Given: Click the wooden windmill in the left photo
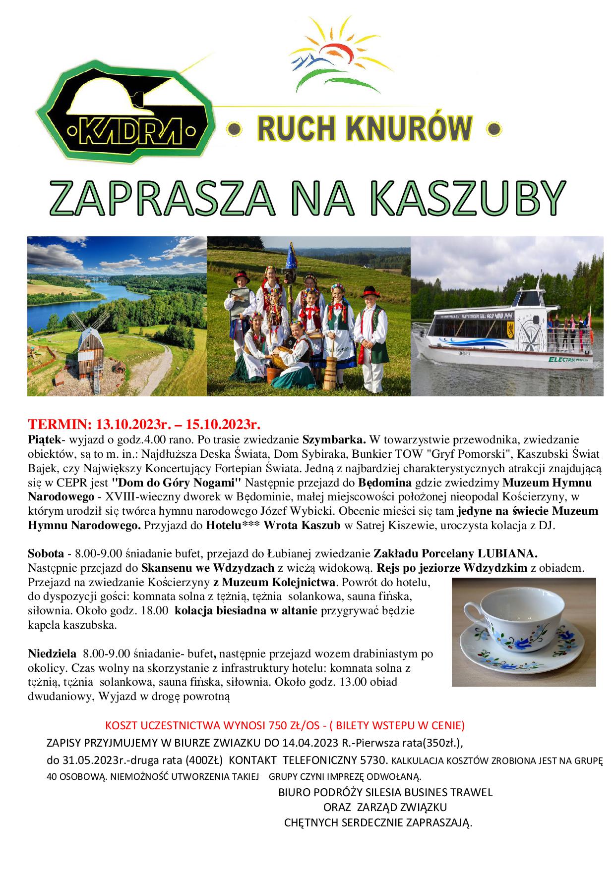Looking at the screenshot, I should click(89, 349).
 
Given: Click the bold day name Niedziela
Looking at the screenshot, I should click(52, 653).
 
